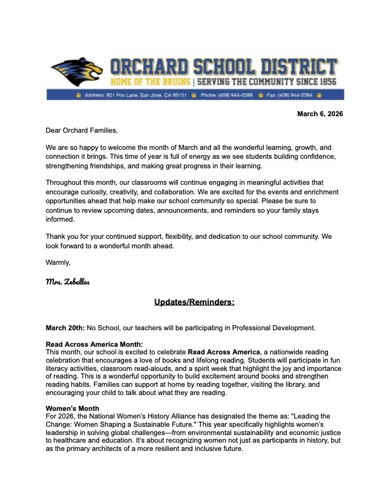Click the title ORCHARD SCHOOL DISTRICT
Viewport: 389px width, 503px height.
(x=223, y=67)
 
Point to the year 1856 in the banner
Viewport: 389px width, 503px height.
(x=324, y=83)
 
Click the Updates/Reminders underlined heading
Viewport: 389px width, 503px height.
(x=194, y=302)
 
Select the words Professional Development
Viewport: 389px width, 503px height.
(x=276, y=328)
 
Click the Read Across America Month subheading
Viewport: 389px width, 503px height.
(x=94, y=344)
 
